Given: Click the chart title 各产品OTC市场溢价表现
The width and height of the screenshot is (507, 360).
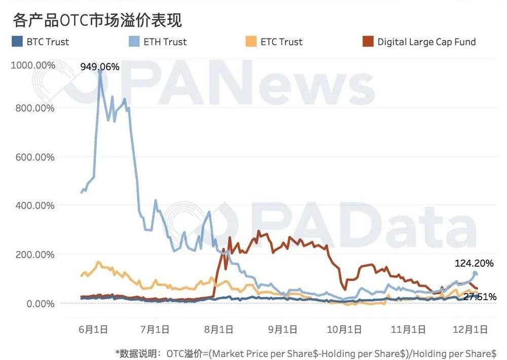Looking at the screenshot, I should [97, 20].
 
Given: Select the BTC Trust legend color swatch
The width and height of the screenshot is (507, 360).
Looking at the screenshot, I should [17, 42].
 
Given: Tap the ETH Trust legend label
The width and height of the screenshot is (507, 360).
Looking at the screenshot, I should [165, 42].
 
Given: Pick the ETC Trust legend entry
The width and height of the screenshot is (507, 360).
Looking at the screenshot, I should [281, 42].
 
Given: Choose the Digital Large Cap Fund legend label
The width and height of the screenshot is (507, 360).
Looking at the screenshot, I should [426, 42].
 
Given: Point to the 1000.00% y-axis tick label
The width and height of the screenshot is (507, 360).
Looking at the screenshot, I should [33, 65].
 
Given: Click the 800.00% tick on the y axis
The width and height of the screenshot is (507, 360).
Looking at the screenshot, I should [34, 108].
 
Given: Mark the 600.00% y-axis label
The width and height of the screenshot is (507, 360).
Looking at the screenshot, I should [34, 157].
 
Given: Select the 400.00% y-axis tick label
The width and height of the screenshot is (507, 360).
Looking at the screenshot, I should [34, 205].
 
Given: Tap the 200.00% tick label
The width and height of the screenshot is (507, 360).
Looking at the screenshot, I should [34, 254].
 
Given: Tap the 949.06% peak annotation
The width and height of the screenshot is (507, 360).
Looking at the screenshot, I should [99, 66].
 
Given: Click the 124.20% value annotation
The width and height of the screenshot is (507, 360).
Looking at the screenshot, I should [474, 263].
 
